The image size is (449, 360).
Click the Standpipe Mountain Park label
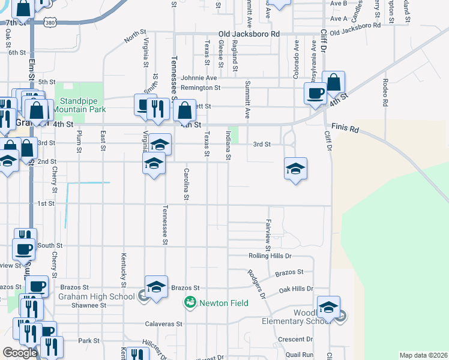tap(79, 106)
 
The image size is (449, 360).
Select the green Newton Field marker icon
tap(190, 302)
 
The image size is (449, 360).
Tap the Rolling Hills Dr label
tap(270, 256)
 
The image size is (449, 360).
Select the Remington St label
tap(201, 88)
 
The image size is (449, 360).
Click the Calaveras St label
tap(163, 324)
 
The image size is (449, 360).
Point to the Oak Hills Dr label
tap(297, 289)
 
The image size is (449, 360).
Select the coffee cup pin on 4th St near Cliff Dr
tap(315, 94)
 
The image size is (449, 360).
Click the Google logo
tap(20, 353)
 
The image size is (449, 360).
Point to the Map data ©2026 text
tap(423, 355)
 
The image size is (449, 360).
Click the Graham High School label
tap(96, 296)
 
